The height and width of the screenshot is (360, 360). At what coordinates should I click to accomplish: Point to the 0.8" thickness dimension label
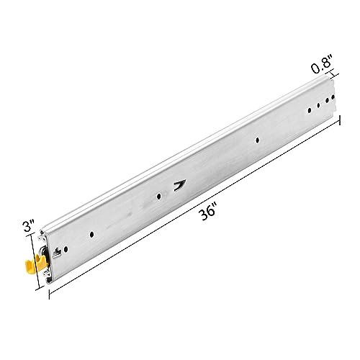click(x=322, y=67)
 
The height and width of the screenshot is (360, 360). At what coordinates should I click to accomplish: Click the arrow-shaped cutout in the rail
click(x=180, y=185)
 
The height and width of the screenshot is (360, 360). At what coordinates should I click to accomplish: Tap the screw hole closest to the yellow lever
click(x=66, y=250)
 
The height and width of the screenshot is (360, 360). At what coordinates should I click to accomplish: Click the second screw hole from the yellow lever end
click(x=91, y=235)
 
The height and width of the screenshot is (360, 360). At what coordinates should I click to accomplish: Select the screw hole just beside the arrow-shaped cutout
click(x=158, y=197)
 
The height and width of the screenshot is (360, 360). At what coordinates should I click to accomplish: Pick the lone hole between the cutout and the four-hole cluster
click(x=258, y=140)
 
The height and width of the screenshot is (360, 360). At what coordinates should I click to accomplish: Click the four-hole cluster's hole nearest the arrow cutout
click(x=310, y=110)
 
